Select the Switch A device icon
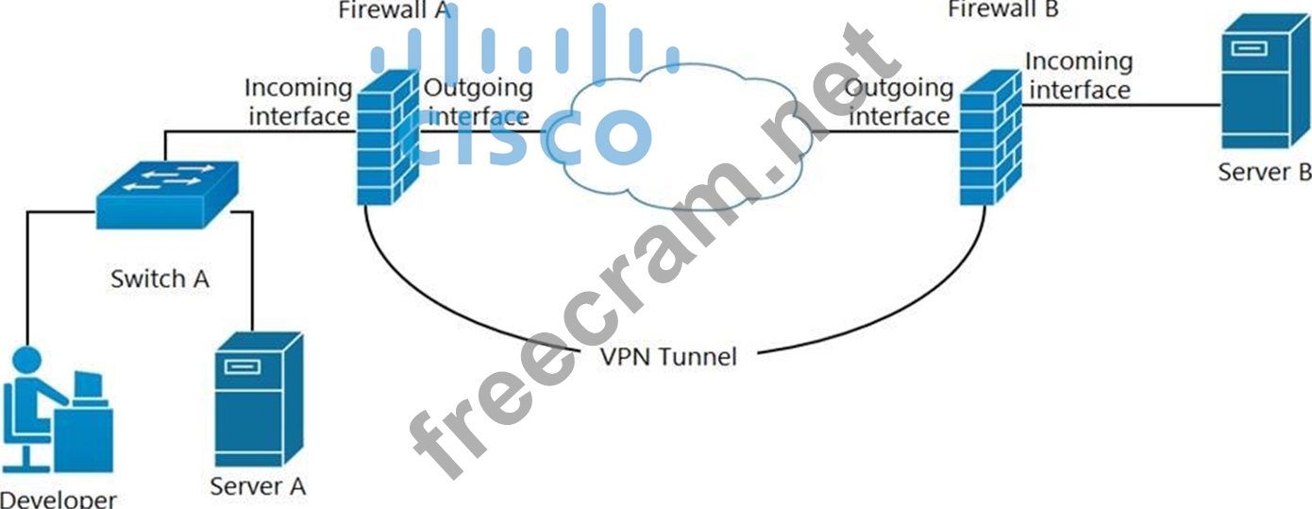[x=166, y=193]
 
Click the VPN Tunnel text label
[x=668, y=357]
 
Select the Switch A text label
[x=160, y=280]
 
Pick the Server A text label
[x=258, y=486]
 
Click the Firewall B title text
[x=1003, y=9]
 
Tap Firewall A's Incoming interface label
[x=297, y=102]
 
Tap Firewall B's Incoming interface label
[x=1078, y=76]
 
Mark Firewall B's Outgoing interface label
[x=899, y=102]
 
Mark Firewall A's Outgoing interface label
[x=478, y=102]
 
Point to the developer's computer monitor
[x=88, y=385]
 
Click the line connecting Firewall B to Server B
[x=1123, y=106]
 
